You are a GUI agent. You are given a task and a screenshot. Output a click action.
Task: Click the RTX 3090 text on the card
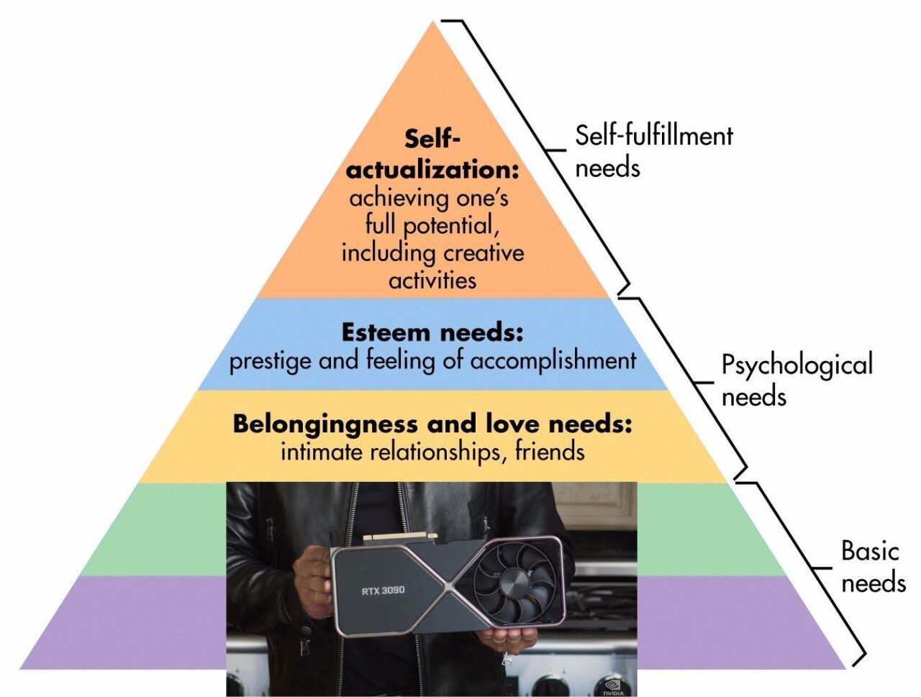tap(382, 591)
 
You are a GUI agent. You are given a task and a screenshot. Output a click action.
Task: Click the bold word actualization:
tap(432, 170)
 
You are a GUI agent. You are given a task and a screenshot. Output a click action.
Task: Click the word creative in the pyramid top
tap(484, 253)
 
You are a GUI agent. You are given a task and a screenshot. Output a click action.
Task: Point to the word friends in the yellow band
tap(549, 452)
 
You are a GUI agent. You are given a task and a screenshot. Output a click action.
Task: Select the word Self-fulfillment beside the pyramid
tap(653, 135)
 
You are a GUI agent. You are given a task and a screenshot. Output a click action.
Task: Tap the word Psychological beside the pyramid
tap(797, 365)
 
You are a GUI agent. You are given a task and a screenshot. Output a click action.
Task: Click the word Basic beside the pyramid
tap(870, 551)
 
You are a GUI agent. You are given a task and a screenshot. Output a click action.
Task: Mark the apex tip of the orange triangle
tap(433, 22)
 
